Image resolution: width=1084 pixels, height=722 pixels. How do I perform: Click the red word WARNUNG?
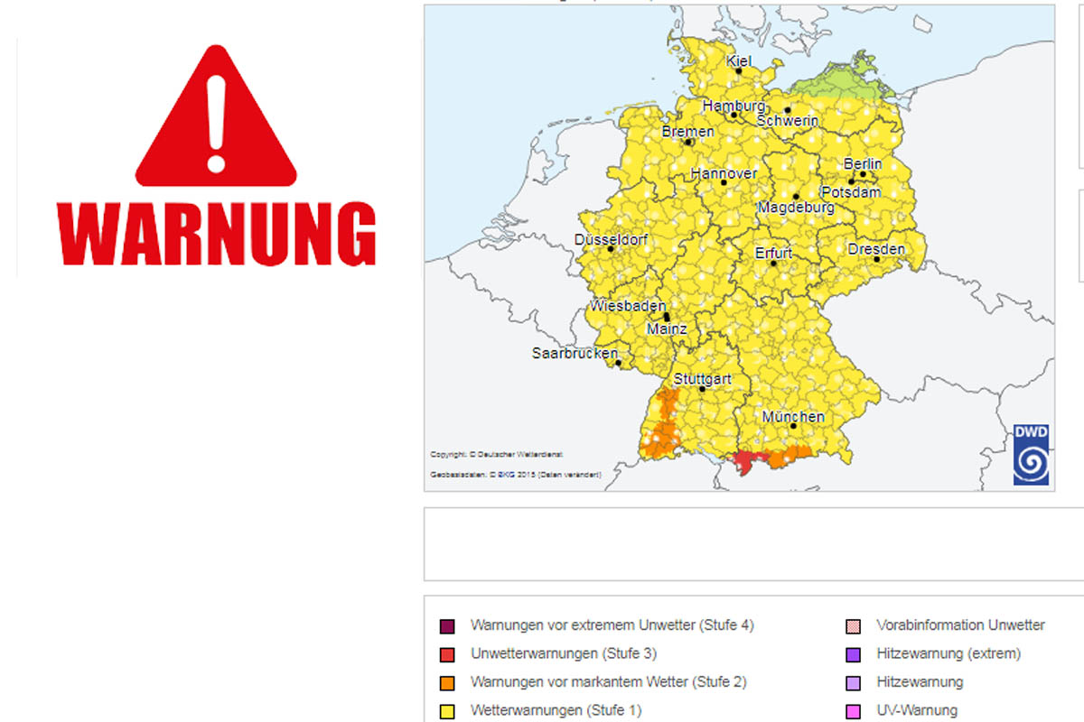click(x=216, y=233)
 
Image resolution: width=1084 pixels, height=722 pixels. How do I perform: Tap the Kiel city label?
click(x=739, y=60)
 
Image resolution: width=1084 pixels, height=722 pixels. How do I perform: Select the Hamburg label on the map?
click(x=734, y=106)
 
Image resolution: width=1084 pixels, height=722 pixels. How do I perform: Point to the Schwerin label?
click(x=788, y=121)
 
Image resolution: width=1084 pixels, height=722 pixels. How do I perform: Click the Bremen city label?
click(x=688, y=132)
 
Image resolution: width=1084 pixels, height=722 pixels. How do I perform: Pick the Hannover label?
click(x=724, y=173)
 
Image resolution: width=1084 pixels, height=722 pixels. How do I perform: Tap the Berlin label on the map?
click(x=862, y=164)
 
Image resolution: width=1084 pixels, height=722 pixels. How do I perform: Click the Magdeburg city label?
click(x=796, y=208)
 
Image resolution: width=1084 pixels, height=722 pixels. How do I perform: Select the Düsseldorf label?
click(x=611, y=240)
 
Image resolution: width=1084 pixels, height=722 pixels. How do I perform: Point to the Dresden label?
click(x=876, y=249)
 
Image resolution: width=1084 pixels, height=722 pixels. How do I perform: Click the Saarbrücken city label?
click(x=575, y=353)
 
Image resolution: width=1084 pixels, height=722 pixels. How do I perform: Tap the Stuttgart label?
click(x=702, y=379)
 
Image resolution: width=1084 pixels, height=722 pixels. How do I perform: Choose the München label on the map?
click(x=793, y=417)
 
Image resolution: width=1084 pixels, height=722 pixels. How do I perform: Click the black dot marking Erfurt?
click(x=773, y=264)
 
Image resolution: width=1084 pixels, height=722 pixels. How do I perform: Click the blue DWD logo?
click(x=1031, y=455)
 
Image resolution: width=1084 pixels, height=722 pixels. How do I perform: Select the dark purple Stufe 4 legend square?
click(x=447, y=626)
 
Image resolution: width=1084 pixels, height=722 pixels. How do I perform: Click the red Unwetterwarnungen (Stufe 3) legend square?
click(x=447, y=654)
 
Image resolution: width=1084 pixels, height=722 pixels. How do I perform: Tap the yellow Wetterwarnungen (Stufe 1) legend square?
click(x=447, y=711)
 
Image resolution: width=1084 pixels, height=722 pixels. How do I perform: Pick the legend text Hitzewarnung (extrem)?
click(x=948, y=653)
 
